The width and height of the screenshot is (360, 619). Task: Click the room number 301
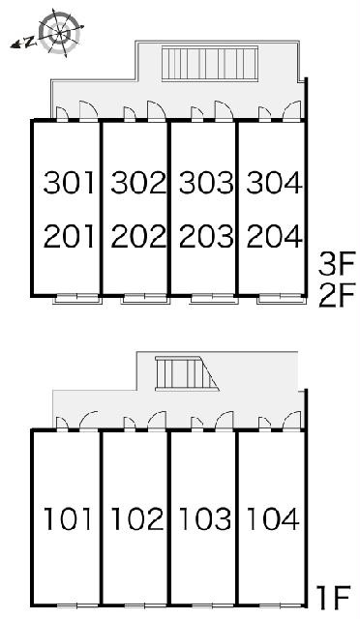(x=69, y=183)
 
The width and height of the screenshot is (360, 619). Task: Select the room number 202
(x=138, y=236)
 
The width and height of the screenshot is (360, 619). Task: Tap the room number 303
(x=206, y=183)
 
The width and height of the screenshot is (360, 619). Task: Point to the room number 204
(x=274, y=236)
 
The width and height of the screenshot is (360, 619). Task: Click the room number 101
(x=68, y=518)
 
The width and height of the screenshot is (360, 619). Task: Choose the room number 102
(x=137, y=518)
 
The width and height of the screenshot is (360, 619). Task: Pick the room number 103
(x=205, y=518)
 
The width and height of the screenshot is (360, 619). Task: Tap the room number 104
(x=273, y=518)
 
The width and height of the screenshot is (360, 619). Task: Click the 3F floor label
(x=337, y=263)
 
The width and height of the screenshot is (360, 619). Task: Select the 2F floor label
(x=337, y=295)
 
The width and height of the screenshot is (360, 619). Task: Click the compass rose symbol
(x=61, y=32)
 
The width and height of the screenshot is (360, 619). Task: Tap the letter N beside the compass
(x=28, y=42)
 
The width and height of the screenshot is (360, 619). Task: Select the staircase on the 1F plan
(x=187, y=373)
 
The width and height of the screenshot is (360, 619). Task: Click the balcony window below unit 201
(x=77, y=299)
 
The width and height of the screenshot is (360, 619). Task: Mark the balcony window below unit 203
(x=214, y=299)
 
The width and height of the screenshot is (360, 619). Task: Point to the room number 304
(x=274, y=183)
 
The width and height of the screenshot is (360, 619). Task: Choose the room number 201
(x=69, y=236)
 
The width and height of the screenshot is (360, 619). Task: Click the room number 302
(x=138, y=183)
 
